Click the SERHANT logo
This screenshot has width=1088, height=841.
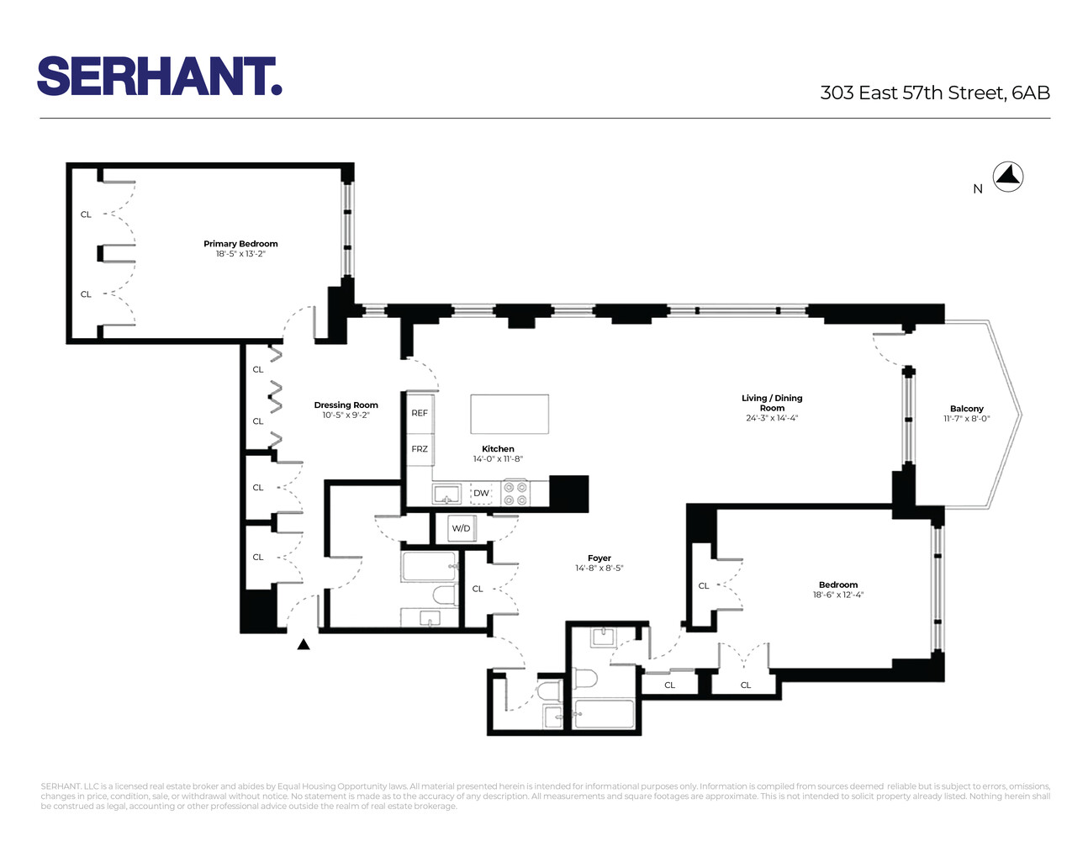(x=159, y=77)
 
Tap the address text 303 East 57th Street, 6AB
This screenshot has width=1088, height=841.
(x=935, y=93)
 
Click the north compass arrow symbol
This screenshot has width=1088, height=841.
(x=1008, y=177)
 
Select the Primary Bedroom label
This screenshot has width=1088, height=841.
(x=240, y=244)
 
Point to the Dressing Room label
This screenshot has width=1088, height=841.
(x=346, y=405)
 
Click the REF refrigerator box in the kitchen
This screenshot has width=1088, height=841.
(x=420, y=413)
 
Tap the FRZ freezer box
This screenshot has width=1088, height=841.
(x=420, y=449)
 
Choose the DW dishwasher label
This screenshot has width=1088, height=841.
(x=481, y=494)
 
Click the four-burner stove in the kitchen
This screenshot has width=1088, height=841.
(x=515, y=493)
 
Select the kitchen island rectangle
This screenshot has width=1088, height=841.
(x=509, y=415)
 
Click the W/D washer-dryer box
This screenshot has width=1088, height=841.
(x=462, y=528)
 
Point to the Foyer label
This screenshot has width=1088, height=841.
(x=599, y=558)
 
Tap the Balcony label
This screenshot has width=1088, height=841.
(x=966, y=409)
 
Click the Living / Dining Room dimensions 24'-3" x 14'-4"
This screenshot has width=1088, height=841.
(x=771, y=418)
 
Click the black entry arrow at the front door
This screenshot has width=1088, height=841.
(x=304, y=644)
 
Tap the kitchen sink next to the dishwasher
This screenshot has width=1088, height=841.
(x=446, y=494)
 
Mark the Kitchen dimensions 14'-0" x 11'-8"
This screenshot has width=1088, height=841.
(x=498, y=459)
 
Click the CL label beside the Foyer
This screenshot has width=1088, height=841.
(x=478, y=589)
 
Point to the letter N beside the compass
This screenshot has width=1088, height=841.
(x=978, y=189)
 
